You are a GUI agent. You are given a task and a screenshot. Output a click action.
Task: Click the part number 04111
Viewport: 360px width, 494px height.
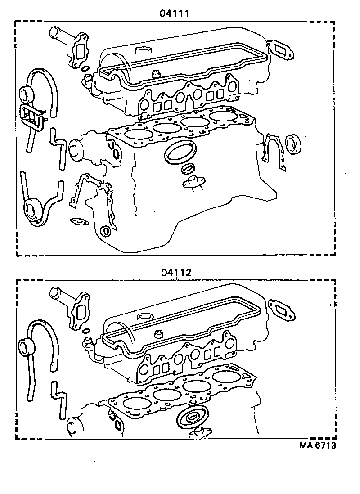(x=174, y=14)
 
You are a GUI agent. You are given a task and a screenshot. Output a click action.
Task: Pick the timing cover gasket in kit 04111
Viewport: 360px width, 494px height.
(x=92, y=196)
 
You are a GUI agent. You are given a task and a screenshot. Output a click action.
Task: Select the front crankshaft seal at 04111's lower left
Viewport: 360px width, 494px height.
(x=32, y=210)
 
